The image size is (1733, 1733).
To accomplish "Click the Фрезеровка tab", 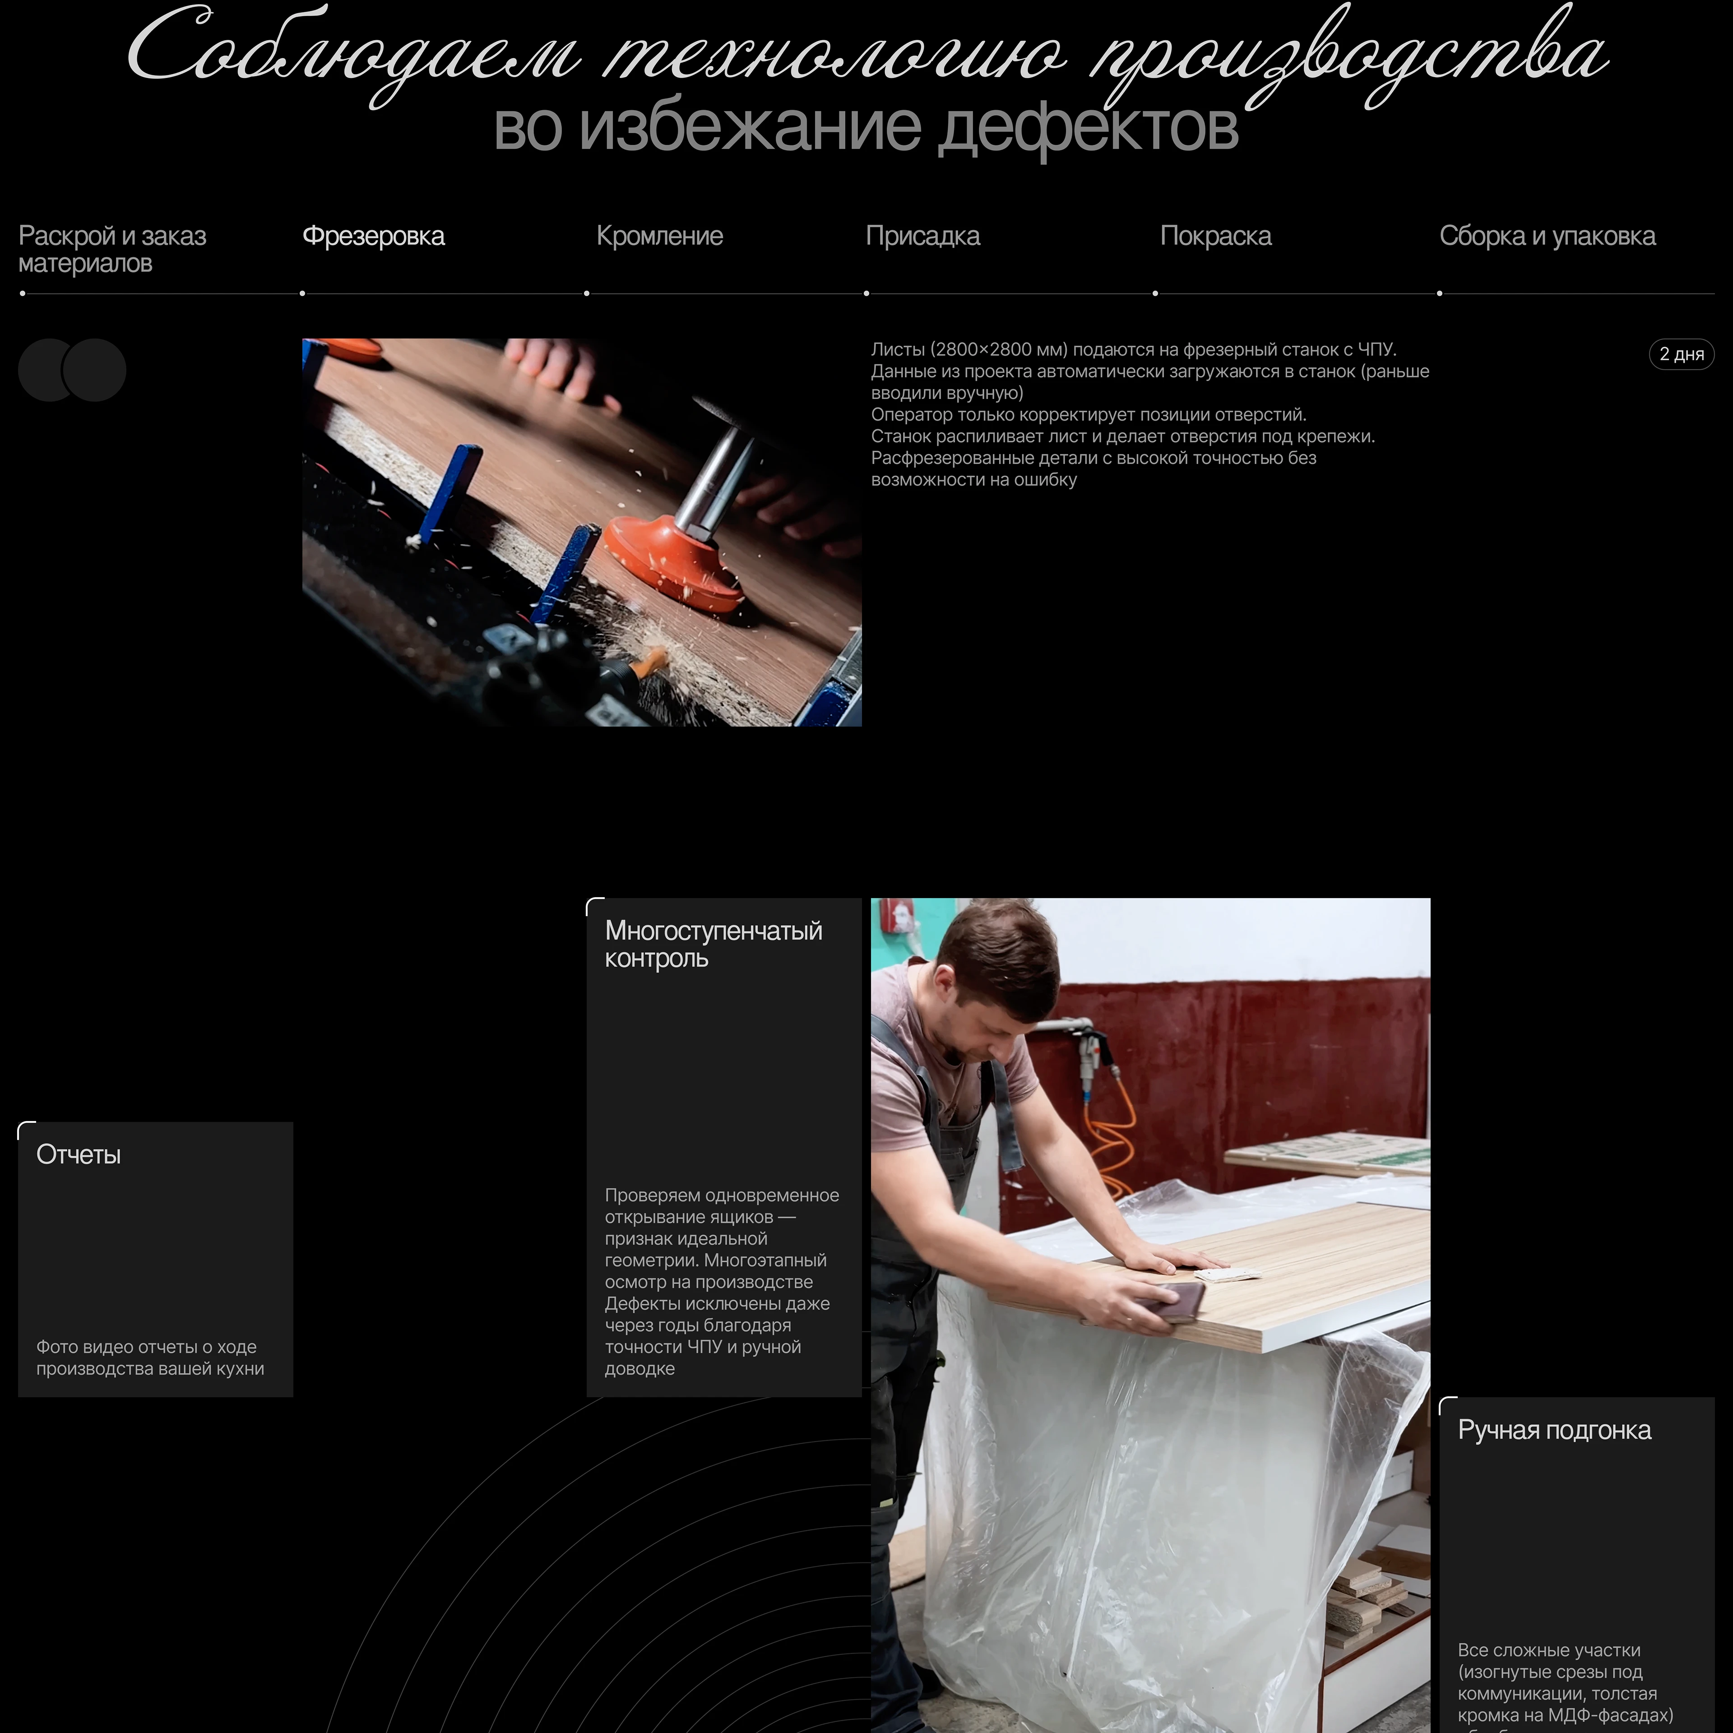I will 373,236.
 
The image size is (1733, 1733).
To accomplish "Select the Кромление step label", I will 659,236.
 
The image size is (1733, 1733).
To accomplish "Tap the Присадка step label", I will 922,236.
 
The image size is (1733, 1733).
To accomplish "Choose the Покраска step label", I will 1215,236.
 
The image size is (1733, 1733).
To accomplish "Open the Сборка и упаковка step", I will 1548,236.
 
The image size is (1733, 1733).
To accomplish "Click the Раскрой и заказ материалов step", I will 112,250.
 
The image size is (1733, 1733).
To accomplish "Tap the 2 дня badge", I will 1681,354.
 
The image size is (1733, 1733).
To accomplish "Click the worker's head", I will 996,973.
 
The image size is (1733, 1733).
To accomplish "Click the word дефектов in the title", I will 1087,128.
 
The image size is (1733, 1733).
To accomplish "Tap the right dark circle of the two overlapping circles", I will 94,370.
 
